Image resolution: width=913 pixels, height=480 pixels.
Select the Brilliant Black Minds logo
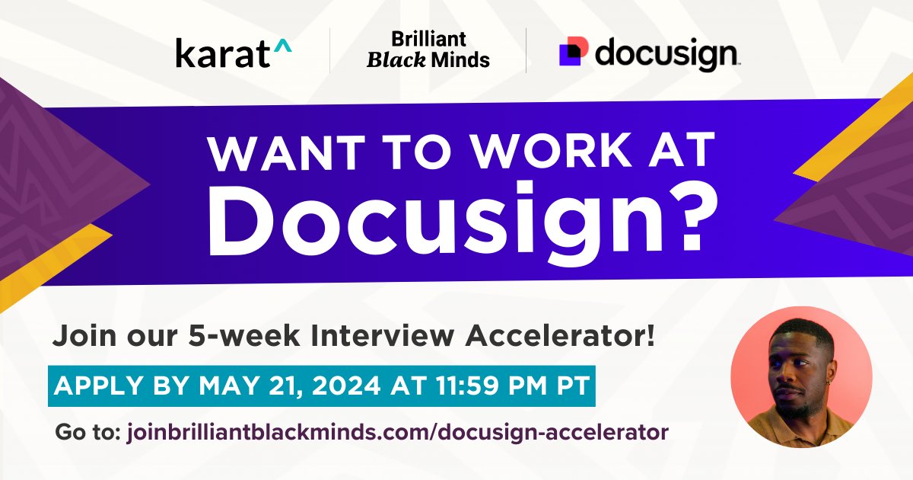[428, 50]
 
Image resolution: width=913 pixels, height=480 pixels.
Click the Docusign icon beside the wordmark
[573, 51]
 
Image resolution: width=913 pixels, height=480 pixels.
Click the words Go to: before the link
[85, 433]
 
